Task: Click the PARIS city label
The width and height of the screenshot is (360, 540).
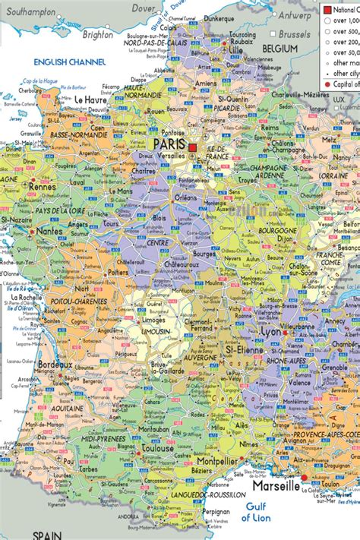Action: [170, 144]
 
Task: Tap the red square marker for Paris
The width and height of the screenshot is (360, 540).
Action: [193, 147]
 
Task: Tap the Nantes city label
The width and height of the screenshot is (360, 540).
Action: [49, 230]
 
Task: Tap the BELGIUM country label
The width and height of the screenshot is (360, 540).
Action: [279, 48]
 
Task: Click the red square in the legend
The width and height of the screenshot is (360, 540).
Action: [327, 9]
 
